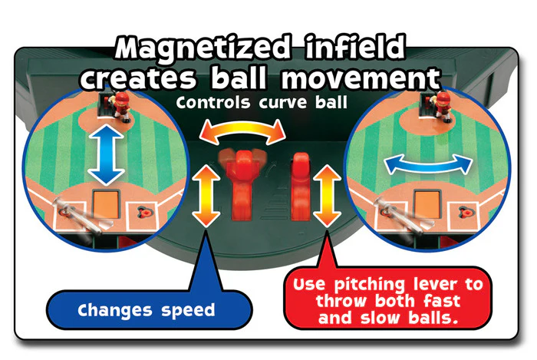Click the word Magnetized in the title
pos(203,49)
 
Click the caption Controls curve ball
pos(262,102)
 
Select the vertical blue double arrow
pos(106,154)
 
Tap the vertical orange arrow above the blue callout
pos(206,196)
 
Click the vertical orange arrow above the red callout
pos(327,196)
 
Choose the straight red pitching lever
pos(301,187)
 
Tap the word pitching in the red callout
pos(370,285)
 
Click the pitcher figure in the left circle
pos(120,105)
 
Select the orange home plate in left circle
pos(106,204)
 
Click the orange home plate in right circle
pos(427,204)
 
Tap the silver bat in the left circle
pos(79,216)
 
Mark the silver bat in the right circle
pos(400,216)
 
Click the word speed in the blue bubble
pos(188,311)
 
